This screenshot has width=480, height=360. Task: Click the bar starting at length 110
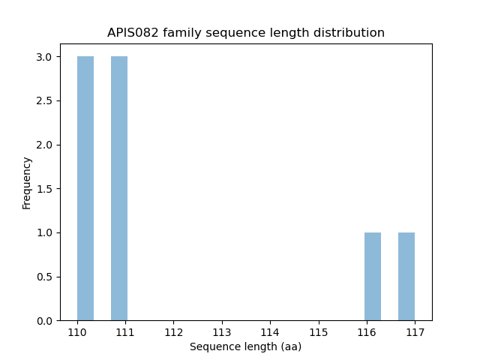coord(85,188)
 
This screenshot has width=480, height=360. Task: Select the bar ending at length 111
coord(119,188)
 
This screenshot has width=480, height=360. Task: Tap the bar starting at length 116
coord(373,277)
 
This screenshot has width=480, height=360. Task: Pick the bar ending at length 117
coord(406,277)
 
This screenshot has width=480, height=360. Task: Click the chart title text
coord(246,33)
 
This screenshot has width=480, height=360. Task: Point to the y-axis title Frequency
coord(27,183)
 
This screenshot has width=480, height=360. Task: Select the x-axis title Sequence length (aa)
coord(245,346)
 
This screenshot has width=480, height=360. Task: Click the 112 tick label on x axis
coord(174,331)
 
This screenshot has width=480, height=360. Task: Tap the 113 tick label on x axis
coord(222,331)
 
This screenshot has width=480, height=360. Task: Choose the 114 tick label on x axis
coord(270,331)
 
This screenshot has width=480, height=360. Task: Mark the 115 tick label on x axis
coord(318,331)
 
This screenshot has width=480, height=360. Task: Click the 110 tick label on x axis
coord(77,331)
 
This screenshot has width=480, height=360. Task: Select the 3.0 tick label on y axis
coord(43,57)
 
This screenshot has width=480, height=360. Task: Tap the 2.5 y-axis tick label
coord(43,101)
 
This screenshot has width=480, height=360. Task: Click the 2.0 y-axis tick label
coord(43,145)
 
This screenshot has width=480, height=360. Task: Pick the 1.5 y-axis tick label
coord(43,189)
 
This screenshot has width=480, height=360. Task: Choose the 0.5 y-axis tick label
coord(43,277)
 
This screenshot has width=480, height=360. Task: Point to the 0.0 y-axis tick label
coord(43,321)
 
